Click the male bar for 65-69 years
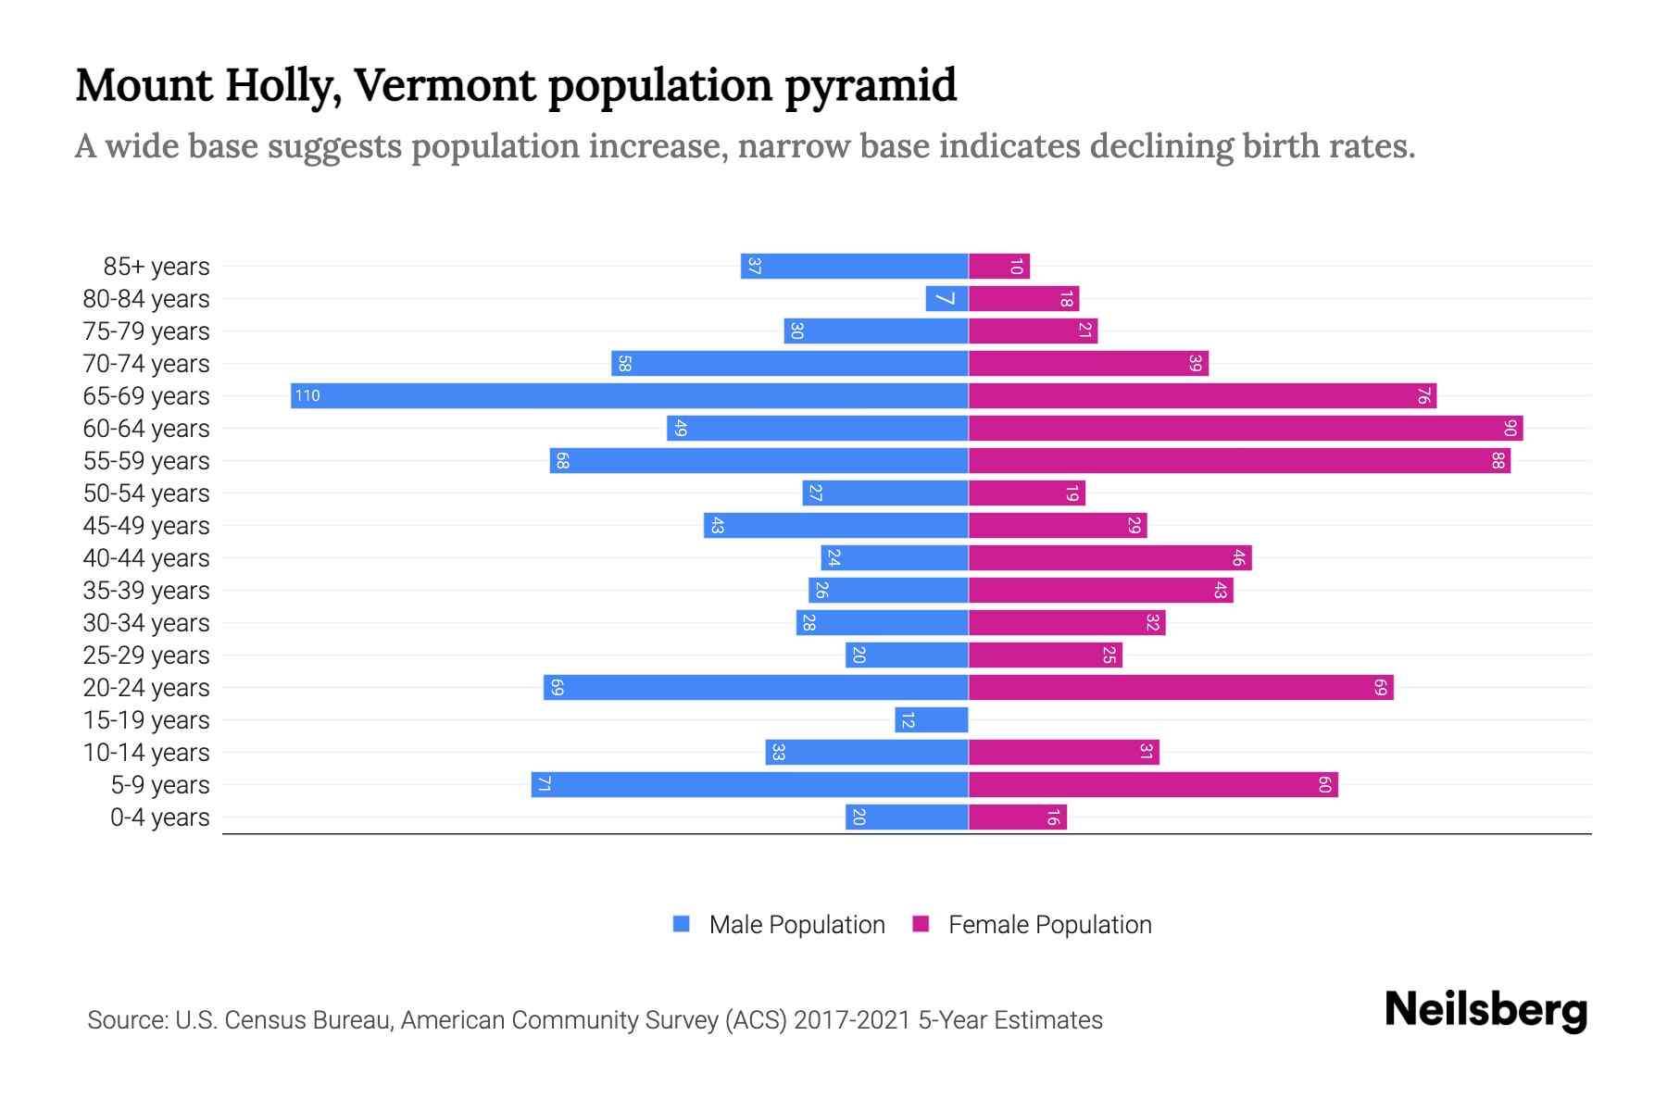pyautogui.click(x=630, y=396)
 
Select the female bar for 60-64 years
pyautogui.click(x=1246, y=429)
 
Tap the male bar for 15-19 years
pyautogui.click(x=932, y=720)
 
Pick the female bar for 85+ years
pyautogui.click(x=999, y=267)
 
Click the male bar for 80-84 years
pyautogui.click(x=946, y=299)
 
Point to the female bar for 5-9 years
pyautogui.click(x=1153, y=785)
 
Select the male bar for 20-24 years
pyautogui.click(x=756, y=688)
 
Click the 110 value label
pyautogui.click(x=307, y=396)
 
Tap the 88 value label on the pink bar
pyautogui.click(x=1498, y=461)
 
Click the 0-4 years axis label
pyautogui.click(x=159, y=818)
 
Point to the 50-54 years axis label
pyautogui.click(x=146, y=493)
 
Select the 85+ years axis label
pyautogui.click(x=157, y=267)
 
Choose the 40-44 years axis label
pyautogui.click(x=146, y=558)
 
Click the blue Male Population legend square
pyautogui.click(x=682, y=924)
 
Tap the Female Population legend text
pyautogui.click(x=1049, y=925)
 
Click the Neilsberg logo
pyautogui.click(x=1485, y=1010)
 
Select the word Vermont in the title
pyautogui.click(x=445, y=86)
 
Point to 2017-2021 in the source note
pyautogui.click(x=852, y=1020)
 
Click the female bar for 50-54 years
pyautogui.click(x=1026, y=493)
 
